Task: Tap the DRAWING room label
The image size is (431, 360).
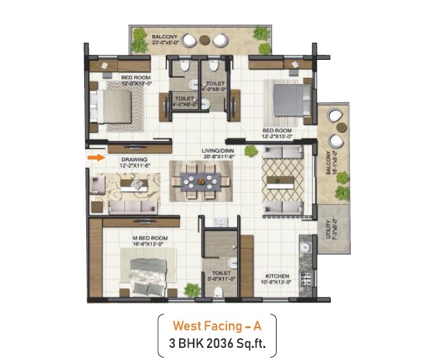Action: (136, 159)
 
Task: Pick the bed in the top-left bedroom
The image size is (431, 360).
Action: (114, 103)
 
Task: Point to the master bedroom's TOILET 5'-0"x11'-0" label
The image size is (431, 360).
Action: (215, 275)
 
